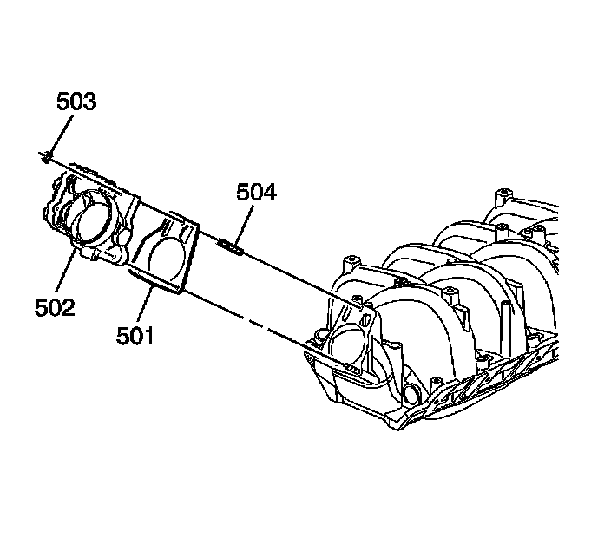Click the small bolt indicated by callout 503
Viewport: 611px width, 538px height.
click(44, 156)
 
